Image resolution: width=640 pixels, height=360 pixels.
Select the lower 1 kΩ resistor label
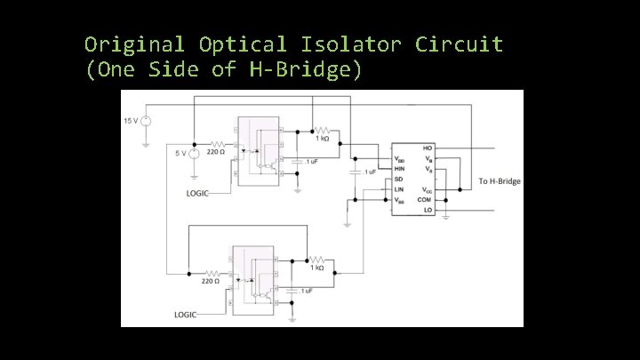coord(316,268)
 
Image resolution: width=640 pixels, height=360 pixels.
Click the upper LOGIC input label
coord(198,194)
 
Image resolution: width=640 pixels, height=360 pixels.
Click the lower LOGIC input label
coord(186,315)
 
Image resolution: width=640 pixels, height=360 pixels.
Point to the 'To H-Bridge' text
coord(500,181)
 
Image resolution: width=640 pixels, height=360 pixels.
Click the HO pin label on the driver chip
coord(428,148)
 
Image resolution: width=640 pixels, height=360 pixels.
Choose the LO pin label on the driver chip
coord(428,212)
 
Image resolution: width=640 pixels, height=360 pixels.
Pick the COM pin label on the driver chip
coord(427,200)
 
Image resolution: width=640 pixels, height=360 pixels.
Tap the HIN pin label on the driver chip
coord(401,169)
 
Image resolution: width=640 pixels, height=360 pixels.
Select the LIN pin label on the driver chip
coord(400,189)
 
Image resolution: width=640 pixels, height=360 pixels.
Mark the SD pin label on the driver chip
coord(399,179)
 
